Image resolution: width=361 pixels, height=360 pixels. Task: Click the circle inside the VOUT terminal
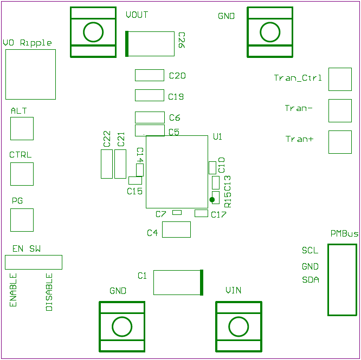tap(93, 32)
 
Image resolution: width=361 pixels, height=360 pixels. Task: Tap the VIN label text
tap(234, 291)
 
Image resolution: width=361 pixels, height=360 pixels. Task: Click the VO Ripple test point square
tap(30, 74)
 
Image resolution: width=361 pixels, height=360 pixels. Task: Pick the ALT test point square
tap(22, 129)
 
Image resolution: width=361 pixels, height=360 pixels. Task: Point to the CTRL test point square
tap(22, 174)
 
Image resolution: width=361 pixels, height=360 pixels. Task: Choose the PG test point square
tap(22, 220)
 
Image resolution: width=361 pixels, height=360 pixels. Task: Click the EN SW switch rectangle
tap(34, 262)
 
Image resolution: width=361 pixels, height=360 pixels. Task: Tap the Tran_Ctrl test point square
tap(340, 79)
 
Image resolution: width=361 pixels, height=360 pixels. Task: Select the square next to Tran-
tap(340, 110)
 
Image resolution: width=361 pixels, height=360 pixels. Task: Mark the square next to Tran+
tap(340, 142)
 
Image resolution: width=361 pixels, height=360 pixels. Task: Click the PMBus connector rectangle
tap(342, 279)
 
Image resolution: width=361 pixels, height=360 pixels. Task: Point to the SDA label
tap(311, 280)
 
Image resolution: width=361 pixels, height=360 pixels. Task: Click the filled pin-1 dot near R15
tap(212, 200)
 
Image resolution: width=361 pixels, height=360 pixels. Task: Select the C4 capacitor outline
tap(176, 230)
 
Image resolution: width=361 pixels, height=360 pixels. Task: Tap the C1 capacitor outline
tap(178, 283)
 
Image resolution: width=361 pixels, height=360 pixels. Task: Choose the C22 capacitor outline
tap(106, 164)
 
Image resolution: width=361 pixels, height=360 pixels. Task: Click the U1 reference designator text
tap(218, 137)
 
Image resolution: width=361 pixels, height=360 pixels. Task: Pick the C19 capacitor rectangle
tap(149, 95)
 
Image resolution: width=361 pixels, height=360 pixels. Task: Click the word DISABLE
tap(49, 292)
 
